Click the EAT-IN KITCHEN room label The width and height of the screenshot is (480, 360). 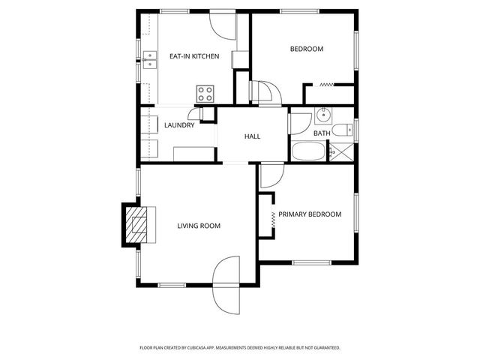(193, 56)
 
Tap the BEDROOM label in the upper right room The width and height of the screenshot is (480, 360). (306, 49)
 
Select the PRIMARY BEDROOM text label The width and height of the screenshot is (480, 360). (310, 214)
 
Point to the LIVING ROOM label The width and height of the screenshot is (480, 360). (199, 226)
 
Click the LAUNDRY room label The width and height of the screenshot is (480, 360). (179, 125)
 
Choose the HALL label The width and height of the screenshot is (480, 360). (252, 136)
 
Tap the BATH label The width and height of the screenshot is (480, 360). (322, 133)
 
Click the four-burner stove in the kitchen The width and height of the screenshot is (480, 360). (205, 93)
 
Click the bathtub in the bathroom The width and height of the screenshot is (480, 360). (307, 151)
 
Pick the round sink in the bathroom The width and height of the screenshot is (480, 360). (324, 115)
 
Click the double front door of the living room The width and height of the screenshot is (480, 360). (226, 285)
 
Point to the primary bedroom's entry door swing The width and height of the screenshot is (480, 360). (271, 175)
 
